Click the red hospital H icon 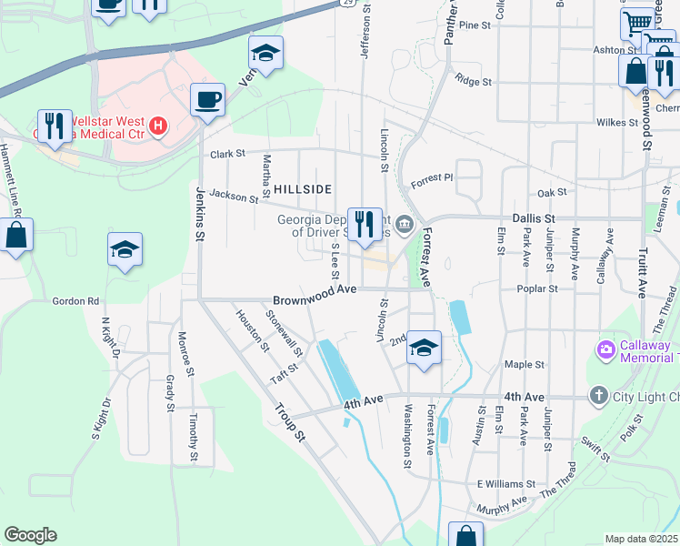click(x=159, y=126)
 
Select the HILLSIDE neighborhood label click(x=295, y=188)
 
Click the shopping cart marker click(x=638, y=23)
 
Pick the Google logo click(x=30, y=535)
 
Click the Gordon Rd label click(x=75, y=301)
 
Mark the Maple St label click(x=524, y=364)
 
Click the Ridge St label click(x=474, y=81)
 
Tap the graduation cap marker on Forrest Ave click(x=424, y=348)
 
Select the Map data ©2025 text click(x=642, y=539)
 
